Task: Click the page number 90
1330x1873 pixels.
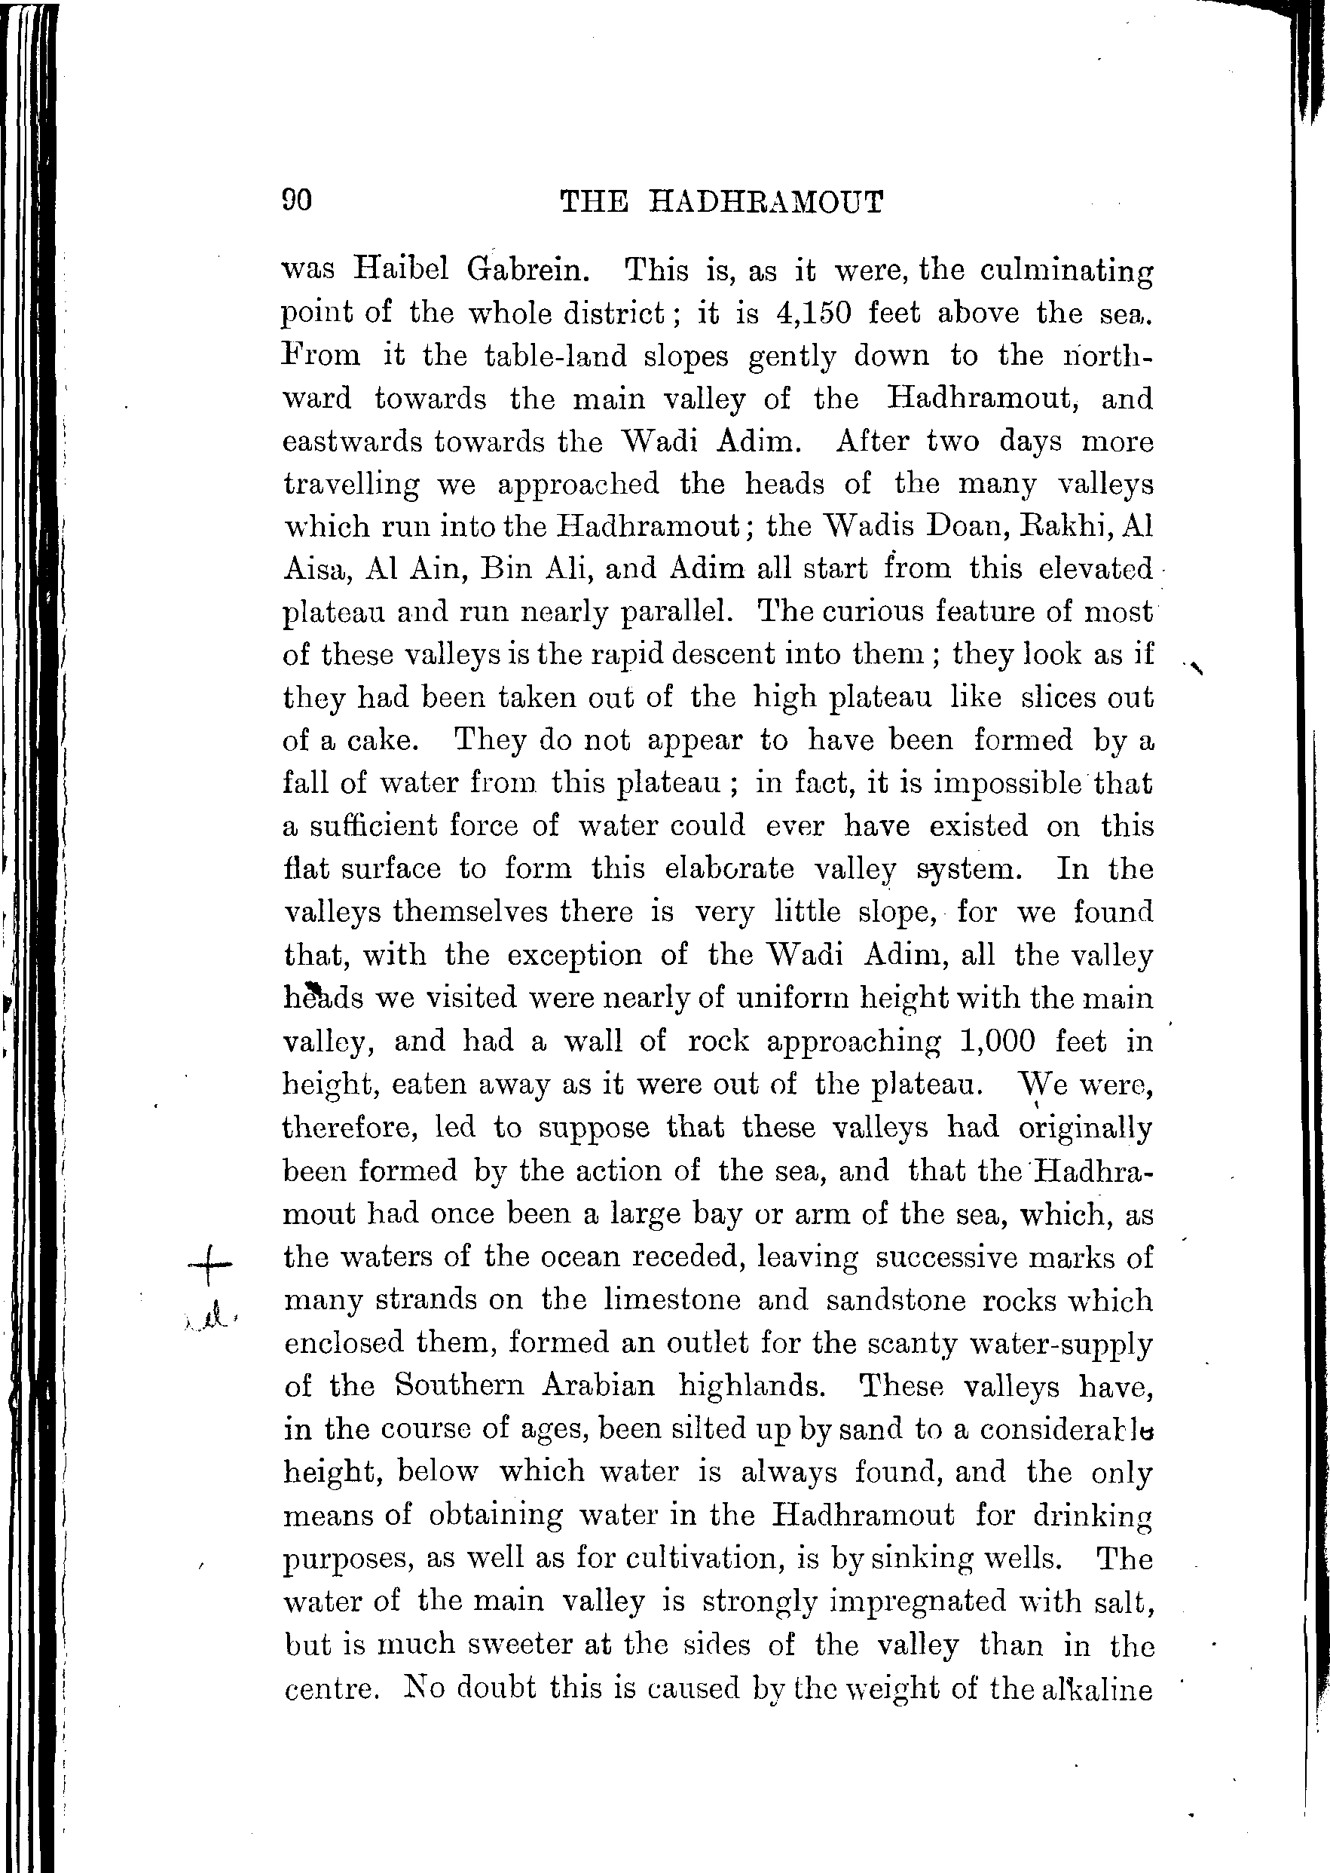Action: pyautogui.click(x=296, y=200)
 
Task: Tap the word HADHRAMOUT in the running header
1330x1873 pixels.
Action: pyautogui.click(x=766, y=201)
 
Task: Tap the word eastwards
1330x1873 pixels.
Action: pyautogui.click(x=352, y=442)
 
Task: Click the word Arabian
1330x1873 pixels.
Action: pyautogui.click(x=598, y=1385)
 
